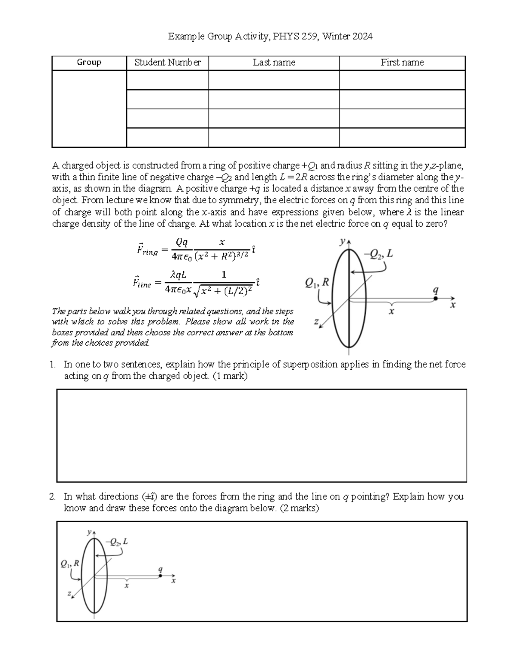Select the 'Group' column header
[x=89, y=63]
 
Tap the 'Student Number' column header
[x=167, y=63]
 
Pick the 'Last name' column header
[x=274, y=63]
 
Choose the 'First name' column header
[x=402, y=63]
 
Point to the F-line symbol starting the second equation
[x=142, y=283]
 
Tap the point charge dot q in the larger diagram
[x=436, y=298]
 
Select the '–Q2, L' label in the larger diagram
[x=378, y=254]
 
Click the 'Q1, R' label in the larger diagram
[x=317, y=283]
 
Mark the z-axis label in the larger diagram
[x=316, y=322]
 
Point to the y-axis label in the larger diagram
[x=342, y=242]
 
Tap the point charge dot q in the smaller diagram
[x=160, y=576]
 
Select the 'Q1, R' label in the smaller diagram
[x=70, y=563]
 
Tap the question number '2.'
[x=52, y=497]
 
